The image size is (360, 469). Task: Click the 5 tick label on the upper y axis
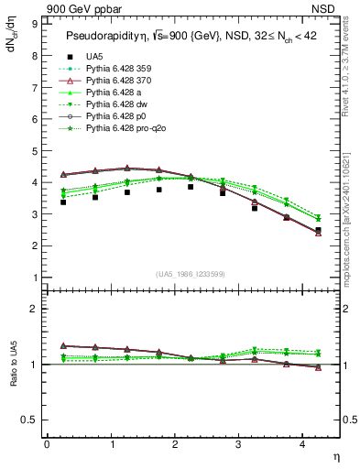pos(35,150)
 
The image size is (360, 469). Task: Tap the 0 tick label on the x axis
pos(47,444)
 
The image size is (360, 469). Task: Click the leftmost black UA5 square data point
pos(62,202)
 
